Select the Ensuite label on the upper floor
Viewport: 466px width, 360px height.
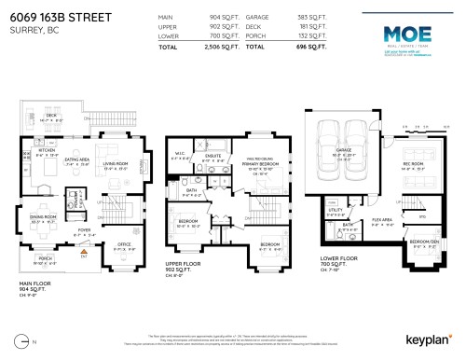click(x=212, y=156)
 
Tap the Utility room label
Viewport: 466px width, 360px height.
click(x=335, y=211)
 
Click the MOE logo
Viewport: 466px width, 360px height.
click(x=396, y=34)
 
